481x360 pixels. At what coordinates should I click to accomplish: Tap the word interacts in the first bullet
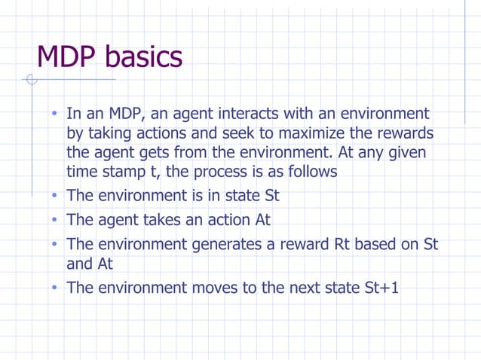pyautogui.click(x=248, y=114)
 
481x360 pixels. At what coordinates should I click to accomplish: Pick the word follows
pyautogui.click(x=308, y=172)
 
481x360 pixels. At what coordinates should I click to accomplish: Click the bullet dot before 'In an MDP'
pyautogui.click(x=55, y=114)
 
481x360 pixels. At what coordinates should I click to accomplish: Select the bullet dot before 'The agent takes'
pyautogui.click(x=55, y=221)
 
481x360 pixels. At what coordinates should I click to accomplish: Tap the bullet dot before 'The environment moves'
pyautogui.click(x=55, y=288)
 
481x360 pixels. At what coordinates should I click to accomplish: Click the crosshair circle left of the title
pyautogui.click(x=31, y=80)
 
